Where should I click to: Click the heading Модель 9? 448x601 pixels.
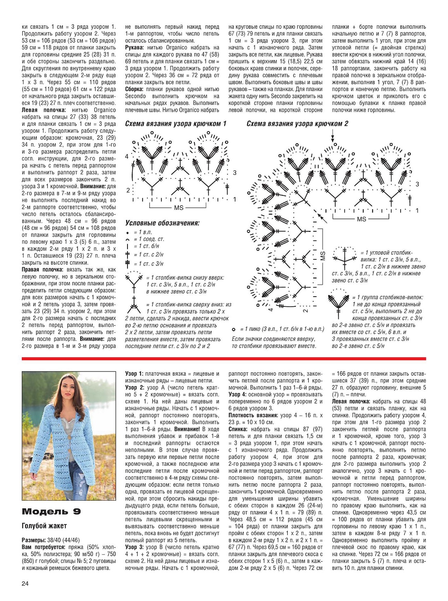coord(51,512)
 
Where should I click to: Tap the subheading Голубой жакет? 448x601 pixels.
coord(44,526)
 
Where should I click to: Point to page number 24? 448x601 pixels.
coord(25,584)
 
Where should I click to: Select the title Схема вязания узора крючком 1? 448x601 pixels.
coord(175,124)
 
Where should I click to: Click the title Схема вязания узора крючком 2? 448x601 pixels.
coord(297,124)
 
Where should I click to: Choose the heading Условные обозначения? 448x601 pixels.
coord(162,223)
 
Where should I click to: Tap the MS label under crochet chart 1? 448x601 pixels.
coord(178,208)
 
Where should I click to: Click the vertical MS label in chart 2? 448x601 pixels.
coord(323,256)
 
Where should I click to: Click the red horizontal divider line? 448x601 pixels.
coord(224,359)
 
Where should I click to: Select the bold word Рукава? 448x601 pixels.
coord(135,48)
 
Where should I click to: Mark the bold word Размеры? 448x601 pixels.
coord(34,540)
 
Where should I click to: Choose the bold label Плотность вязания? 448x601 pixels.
coord(253,415)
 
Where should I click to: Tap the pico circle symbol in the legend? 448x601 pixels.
coord(234,329)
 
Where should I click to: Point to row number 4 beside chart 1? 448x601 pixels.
coord(127,157)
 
